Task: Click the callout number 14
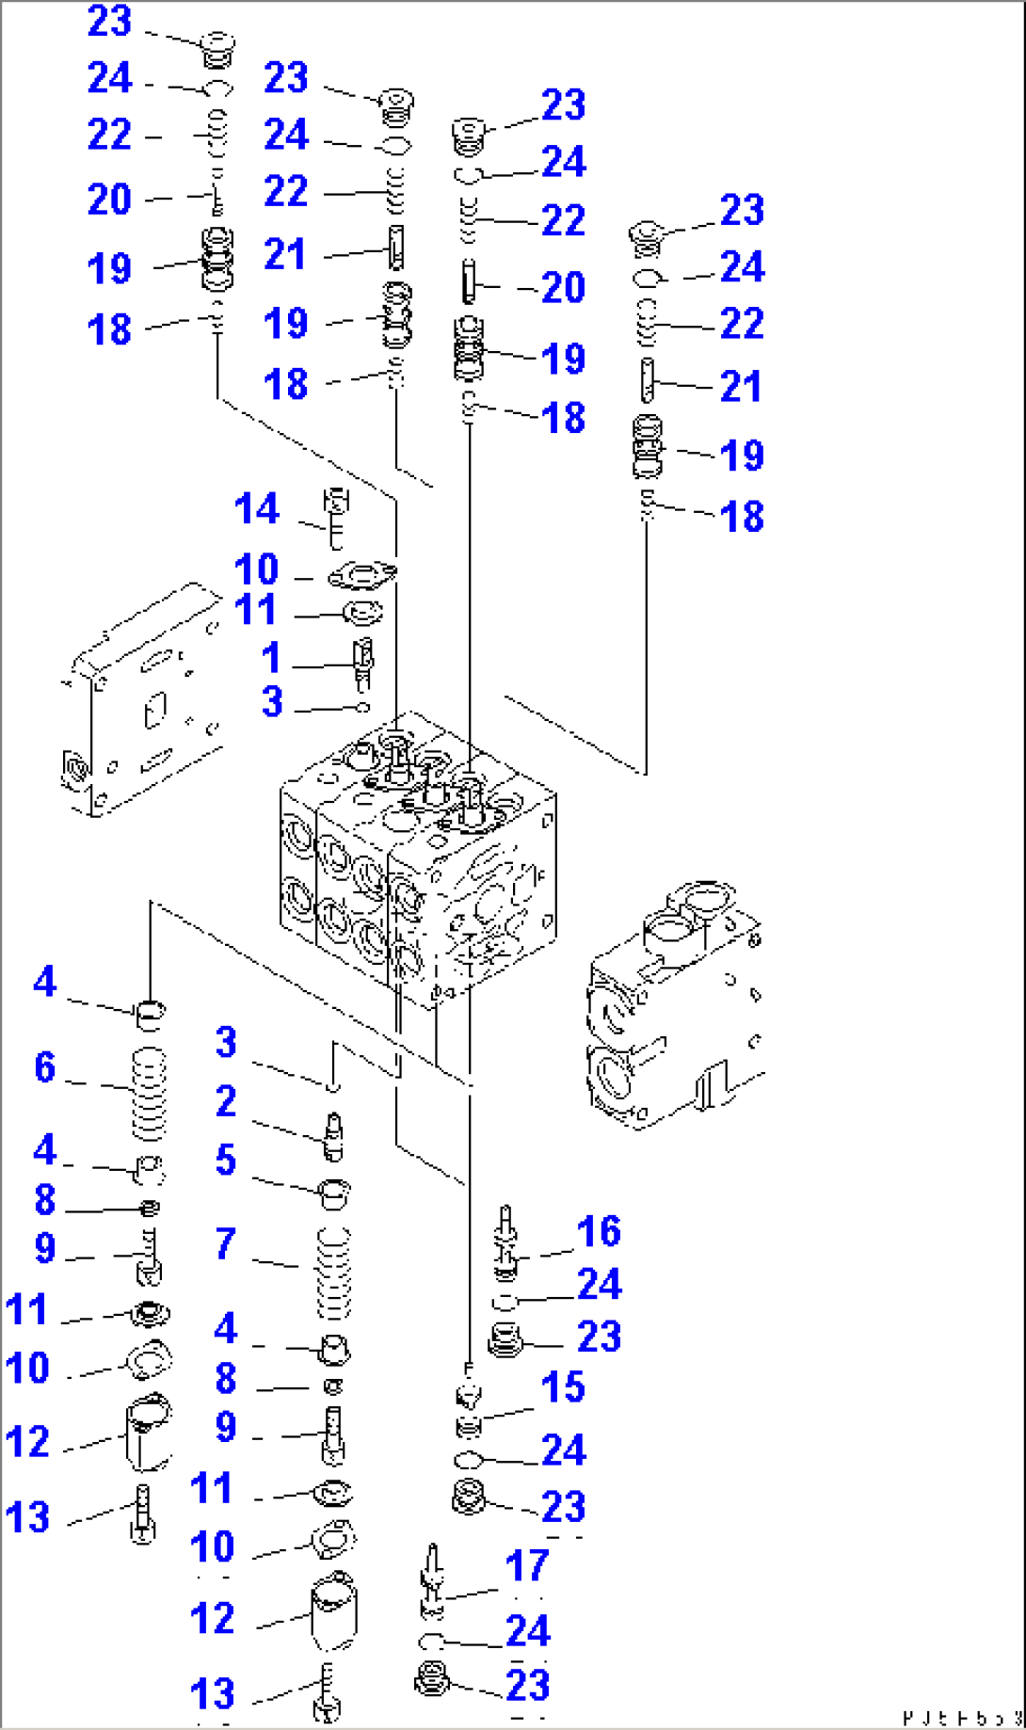pos(256,509)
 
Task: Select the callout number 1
pos(271,658)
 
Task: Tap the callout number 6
pos(44,1067)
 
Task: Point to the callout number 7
pos(225,1244)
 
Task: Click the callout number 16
pos(599,1232)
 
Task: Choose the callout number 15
pos(563,1387)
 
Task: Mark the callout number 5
pos(225,1161)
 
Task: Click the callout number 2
pos(225,1101)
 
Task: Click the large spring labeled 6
pos(149,1094)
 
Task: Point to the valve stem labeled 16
pos(507,1241)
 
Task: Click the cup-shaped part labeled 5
pos(336,1193)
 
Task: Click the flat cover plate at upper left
pos(141,701)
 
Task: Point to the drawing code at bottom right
pos(960,1718)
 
